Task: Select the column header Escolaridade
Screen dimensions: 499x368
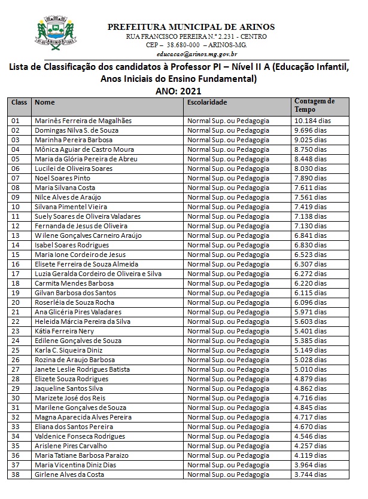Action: [207, 103]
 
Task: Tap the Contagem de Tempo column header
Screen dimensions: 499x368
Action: [314, 106]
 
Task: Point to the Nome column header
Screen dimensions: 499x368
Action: [45, 103]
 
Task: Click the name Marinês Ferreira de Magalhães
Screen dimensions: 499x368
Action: [83, 121]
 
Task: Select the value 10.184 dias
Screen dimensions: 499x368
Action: [312, 121]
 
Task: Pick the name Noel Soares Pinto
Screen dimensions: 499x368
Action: [63, 178]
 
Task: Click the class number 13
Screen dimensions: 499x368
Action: [16, 235]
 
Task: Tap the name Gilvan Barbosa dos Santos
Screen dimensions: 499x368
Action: [75, 293]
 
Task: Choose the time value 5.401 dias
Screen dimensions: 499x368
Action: [311, 331]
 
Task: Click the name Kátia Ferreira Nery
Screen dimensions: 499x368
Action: [65, 331]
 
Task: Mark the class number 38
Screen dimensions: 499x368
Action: [16, 474]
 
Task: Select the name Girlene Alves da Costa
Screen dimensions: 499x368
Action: [69, 474]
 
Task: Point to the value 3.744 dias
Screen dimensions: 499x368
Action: [311, 474]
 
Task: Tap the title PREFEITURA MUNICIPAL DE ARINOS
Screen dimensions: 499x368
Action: [191, 27]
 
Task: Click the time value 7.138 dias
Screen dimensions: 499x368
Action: [311, 216]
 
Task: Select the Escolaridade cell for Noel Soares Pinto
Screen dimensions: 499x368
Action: [229, 178]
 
